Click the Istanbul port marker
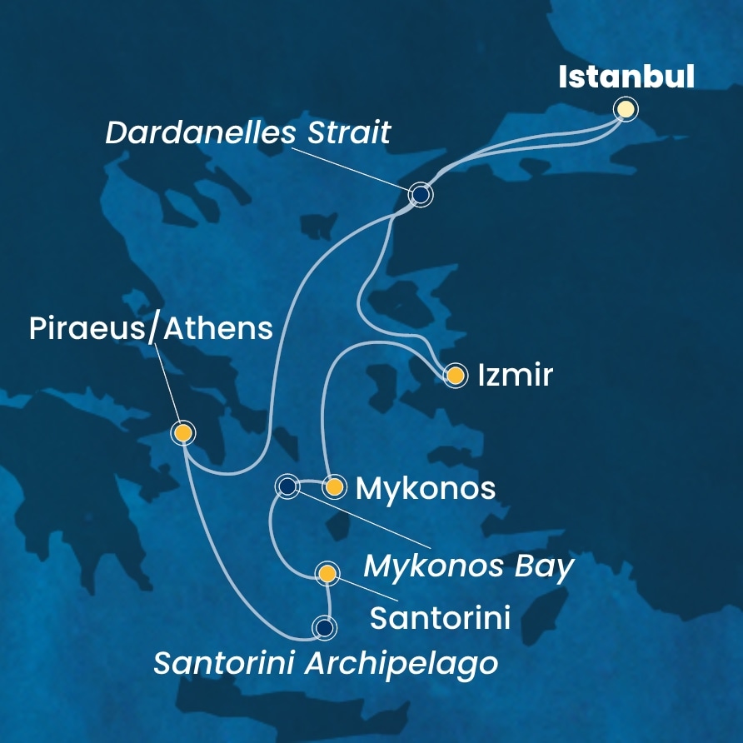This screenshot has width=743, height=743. point(625,109)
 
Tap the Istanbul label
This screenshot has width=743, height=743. point(626,77)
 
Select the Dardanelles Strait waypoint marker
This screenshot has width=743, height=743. point(421,195)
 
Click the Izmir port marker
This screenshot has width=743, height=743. point(456,376)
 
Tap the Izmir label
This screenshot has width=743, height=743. point(516,376)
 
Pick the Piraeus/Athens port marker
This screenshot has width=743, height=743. point(182,433)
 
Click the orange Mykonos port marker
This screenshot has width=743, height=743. point(334,487)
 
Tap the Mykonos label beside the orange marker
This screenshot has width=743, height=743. point(426,489)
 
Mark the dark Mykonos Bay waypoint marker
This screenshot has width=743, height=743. point(287,486)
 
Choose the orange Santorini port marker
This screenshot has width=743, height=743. point(328,573)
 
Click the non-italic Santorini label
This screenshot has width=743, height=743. point(439,618)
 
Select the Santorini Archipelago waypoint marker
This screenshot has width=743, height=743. point(323,627)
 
